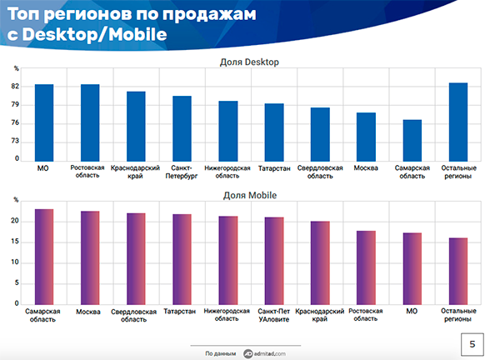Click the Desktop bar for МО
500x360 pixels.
[x=44, y=122]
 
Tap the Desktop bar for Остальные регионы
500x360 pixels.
[x=458, y=121]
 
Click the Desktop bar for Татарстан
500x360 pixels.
[x=274, y=131]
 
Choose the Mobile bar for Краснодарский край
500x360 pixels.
[x=320, y=262]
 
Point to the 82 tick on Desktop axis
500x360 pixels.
[x=16, y=87]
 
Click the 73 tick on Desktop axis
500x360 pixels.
[x=16, y=142]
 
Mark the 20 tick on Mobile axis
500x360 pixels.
[x=16, y=222]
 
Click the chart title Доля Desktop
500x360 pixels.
[x=249, y=62]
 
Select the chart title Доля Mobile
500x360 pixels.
[x=249, y=196]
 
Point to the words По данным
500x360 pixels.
[x=220, y=353]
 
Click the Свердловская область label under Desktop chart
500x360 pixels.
[x=320, y=172]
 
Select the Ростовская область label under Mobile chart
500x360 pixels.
[x=367, y=315]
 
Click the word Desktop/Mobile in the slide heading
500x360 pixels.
[x=92, y=35]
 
